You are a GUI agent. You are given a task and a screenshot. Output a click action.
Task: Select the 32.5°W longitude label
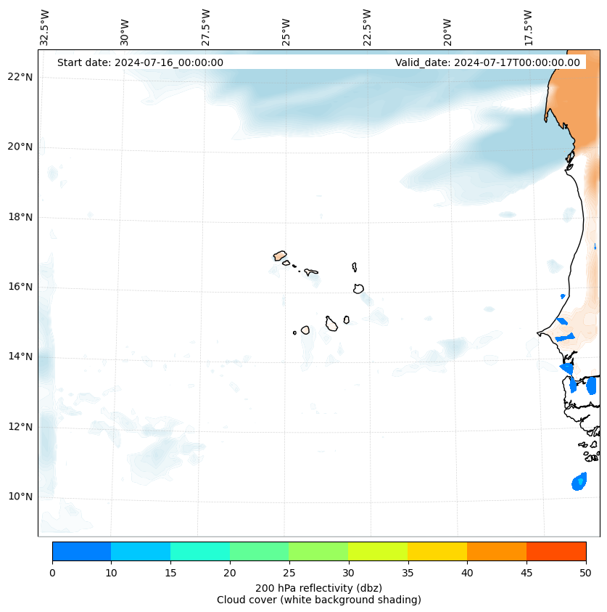coord(45,28)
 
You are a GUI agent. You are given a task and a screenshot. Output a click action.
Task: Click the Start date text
coord(140,62)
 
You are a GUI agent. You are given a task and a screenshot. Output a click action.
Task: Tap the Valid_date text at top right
coord(487,62)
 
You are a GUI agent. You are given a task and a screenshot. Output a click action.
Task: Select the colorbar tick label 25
coord(289,574)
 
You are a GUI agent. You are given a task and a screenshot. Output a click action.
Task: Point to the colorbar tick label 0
coord(52,574)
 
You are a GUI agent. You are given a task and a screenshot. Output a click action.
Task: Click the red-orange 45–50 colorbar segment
coord(556,551)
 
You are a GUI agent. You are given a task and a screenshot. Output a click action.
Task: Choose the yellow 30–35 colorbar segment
coord(378,551)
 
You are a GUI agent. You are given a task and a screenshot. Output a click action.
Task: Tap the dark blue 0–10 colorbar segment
coord(81,551)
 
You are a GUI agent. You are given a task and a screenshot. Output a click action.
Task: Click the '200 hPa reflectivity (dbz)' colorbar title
coord(318,587)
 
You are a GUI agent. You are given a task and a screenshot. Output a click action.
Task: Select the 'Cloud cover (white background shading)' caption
coord(318,600)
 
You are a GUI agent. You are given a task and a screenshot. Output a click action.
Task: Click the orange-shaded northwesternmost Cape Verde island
coord(280,256)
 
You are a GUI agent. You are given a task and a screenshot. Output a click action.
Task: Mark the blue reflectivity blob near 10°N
coord(579,481)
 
